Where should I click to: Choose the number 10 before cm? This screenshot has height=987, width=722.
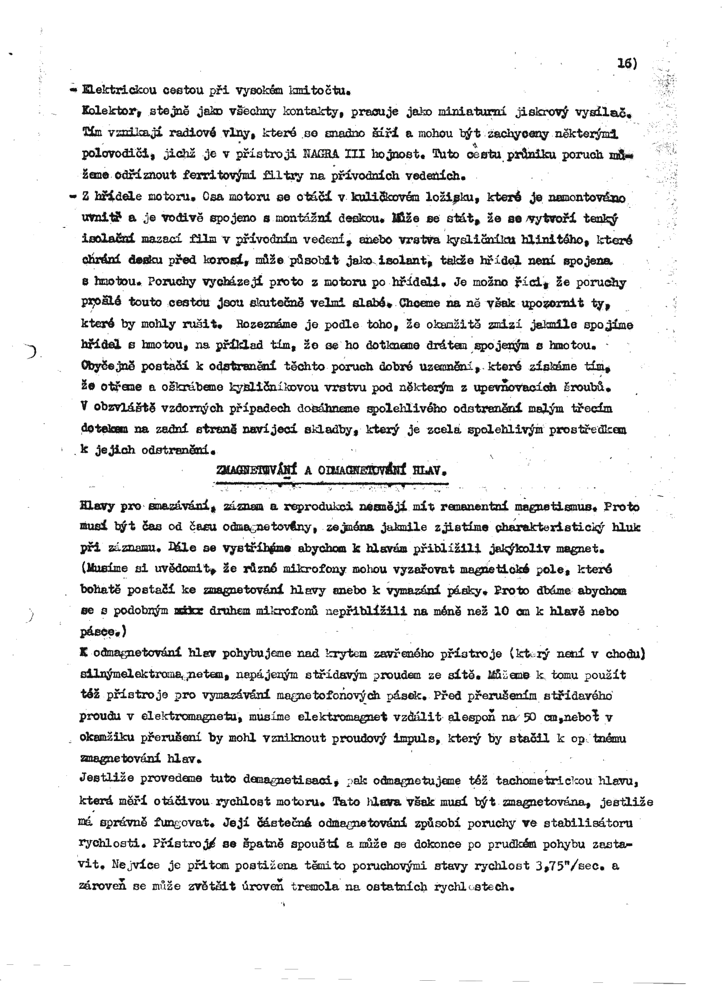click(x=502, y=611)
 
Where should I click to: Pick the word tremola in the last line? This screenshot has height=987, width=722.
click(x=315, y=886)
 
